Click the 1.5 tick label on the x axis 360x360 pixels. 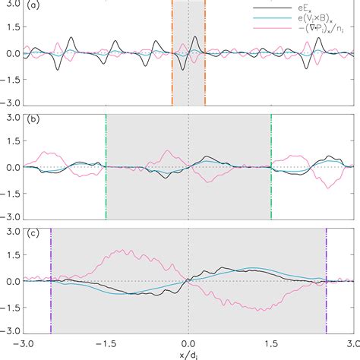(x=270, y=343)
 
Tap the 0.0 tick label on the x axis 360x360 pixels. (x=188, y=343)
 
